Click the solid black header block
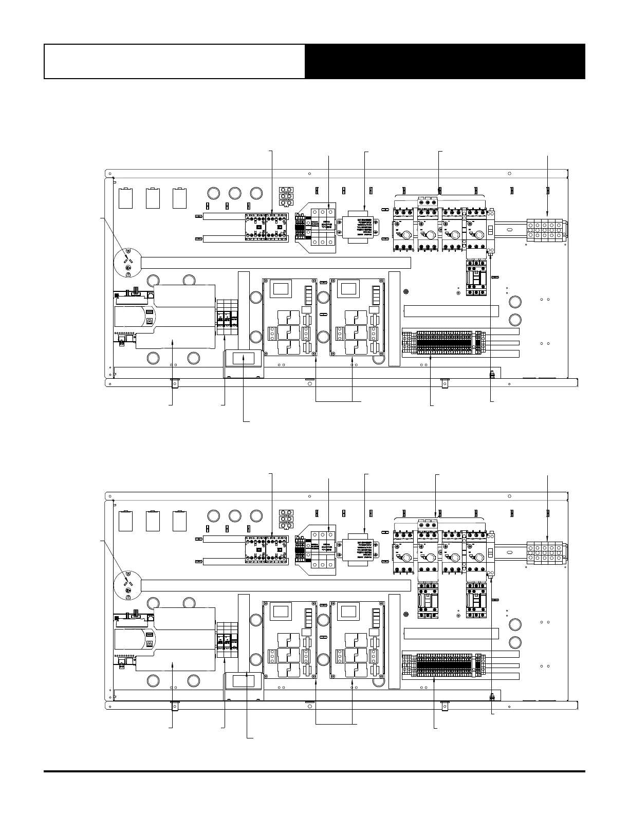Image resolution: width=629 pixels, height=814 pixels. (x=445, y=61)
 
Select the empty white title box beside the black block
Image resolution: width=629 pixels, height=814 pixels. (x=174, y=61)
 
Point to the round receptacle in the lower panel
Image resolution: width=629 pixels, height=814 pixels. (x=127, y=584)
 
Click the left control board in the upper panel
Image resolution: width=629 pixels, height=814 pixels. (x=290, y=317)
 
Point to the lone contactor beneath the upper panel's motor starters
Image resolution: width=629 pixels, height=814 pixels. (x=476, y=277)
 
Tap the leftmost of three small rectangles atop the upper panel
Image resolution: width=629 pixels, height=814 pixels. (x=125, y=198)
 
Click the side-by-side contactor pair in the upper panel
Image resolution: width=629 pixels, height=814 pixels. (x=267, y=227)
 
